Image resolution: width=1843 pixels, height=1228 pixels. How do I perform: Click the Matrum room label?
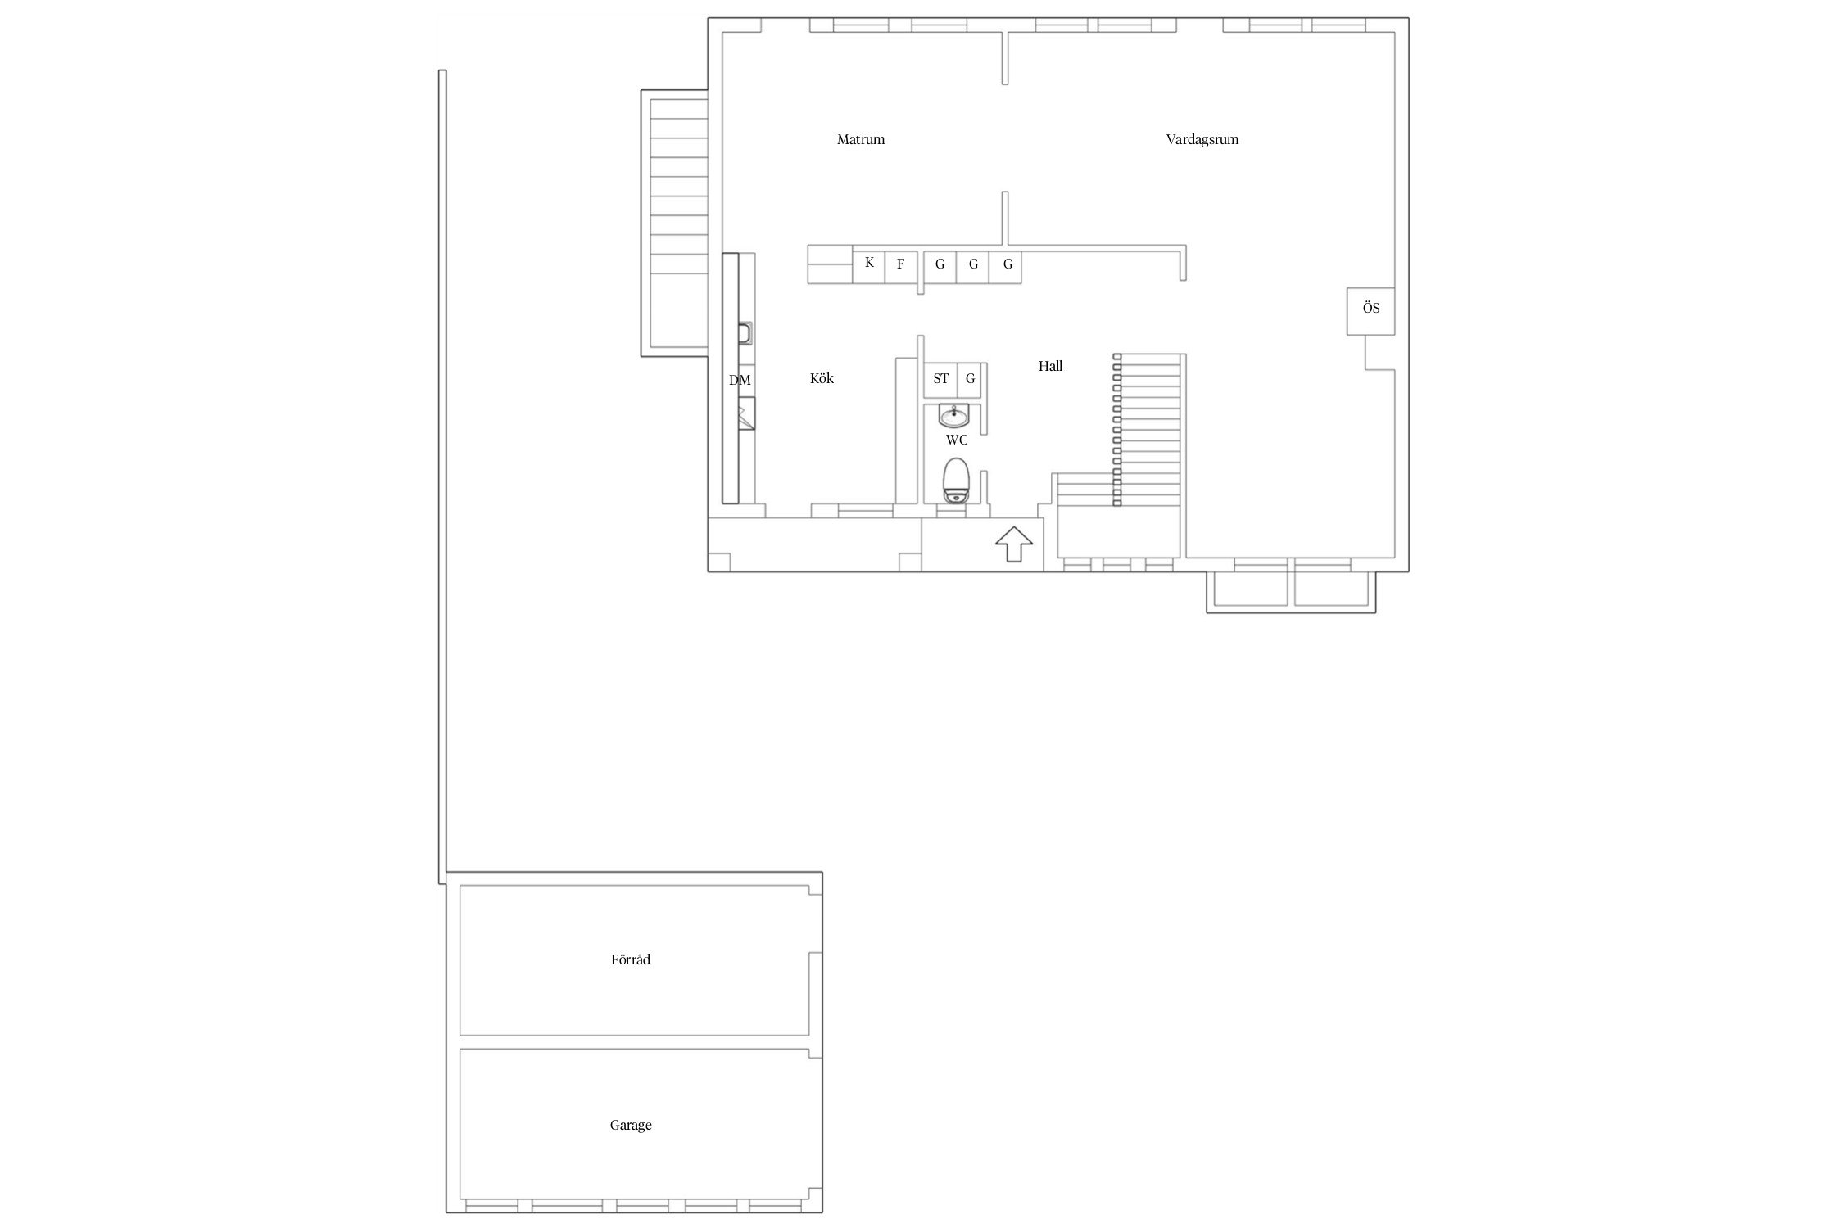[861, 139]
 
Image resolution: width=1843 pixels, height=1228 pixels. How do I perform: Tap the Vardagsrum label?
[1202, 139]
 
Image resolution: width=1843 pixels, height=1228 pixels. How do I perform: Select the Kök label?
[822, 378]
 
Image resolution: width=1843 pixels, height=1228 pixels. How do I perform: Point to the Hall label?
[1050, 366]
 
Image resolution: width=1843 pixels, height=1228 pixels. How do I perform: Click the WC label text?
[957, 440]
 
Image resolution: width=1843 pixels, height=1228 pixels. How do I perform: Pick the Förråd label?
[631, 959]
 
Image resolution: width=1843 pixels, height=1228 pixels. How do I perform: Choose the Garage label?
[631, 1125]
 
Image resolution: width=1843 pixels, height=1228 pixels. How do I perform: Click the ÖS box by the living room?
[1370, 310]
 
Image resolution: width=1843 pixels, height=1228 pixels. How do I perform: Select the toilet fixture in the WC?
[955, 481]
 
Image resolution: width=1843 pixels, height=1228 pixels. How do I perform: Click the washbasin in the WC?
[954, 416]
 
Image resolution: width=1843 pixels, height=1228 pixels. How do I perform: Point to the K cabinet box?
[869, 265]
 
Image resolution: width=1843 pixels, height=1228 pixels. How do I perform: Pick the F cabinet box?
[901, 265]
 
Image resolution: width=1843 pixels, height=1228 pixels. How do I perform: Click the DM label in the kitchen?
[740, 381]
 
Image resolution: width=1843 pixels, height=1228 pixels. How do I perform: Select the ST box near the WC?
[940, 379]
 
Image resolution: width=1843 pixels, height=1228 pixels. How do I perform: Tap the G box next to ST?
[971, 379]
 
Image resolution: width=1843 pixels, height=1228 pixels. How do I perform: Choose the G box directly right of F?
[940, 265]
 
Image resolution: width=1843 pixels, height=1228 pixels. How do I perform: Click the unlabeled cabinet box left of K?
[830, 265]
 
